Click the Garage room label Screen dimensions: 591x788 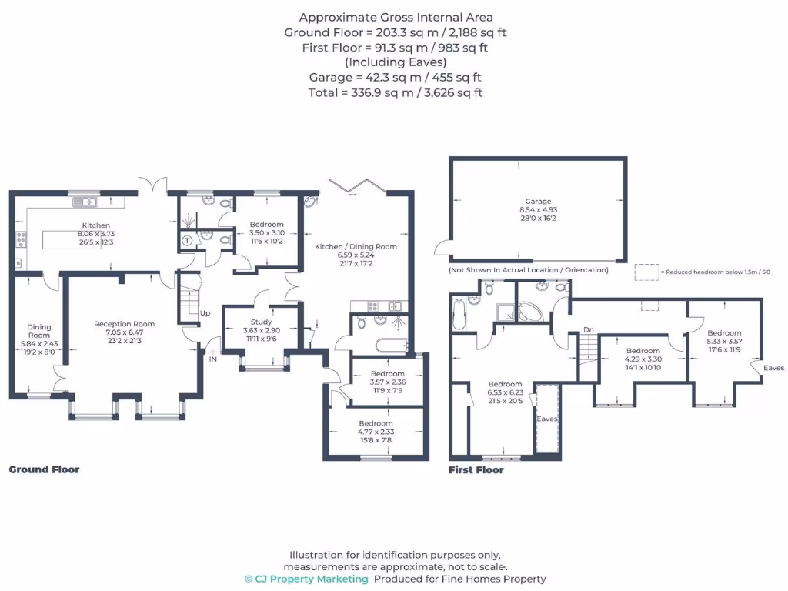tap(538, 202)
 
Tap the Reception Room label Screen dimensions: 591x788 tap(124, 324)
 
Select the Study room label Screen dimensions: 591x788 tap(261, 322)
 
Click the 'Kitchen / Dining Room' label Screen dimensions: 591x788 tap(356, 246)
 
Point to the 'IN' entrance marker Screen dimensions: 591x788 tap(212, 359)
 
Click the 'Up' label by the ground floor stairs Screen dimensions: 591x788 tap(205, 313)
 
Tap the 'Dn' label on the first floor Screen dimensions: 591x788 tap(588, 329)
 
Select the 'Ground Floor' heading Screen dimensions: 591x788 tap(44, 469)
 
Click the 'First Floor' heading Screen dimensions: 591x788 tap(476, 469)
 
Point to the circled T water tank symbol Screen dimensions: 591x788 tap(186, 239)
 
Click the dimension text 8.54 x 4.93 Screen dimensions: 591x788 tap(538, 210)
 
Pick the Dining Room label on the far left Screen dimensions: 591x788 tap(39, 331)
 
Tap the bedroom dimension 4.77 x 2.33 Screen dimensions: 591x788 tap(376, 432)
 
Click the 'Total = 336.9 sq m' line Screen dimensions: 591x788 tap(396, 92)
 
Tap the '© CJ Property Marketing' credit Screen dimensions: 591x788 tap(306, 579)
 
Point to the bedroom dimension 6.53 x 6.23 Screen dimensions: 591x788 tap(504, 392)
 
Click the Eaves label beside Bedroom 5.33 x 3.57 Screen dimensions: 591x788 tap(773, 368)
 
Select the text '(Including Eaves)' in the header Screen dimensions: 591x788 tap(396, 62)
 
